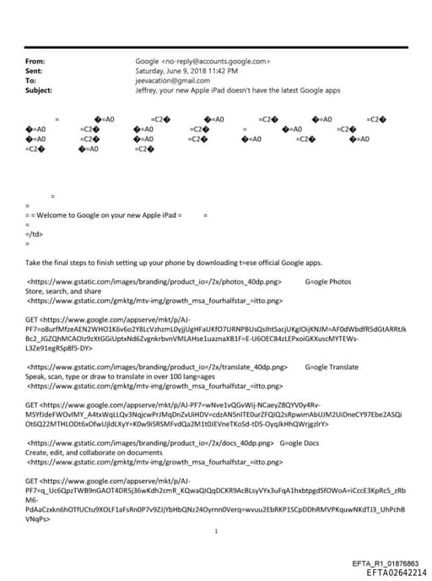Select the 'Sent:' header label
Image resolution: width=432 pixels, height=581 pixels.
point(35,71)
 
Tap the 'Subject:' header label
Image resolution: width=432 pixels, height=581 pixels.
point(39,90)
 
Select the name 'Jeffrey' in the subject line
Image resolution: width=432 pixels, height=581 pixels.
point(148,90)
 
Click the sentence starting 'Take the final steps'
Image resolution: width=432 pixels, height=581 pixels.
point(173,263)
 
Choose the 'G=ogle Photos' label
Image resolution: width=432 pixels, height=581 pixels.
point(327,281)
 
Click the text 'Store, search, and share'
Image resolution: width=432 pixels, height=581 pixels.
point(63,290)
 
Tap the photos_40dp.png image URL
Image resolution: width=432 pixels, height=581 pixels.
point(159,281)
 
